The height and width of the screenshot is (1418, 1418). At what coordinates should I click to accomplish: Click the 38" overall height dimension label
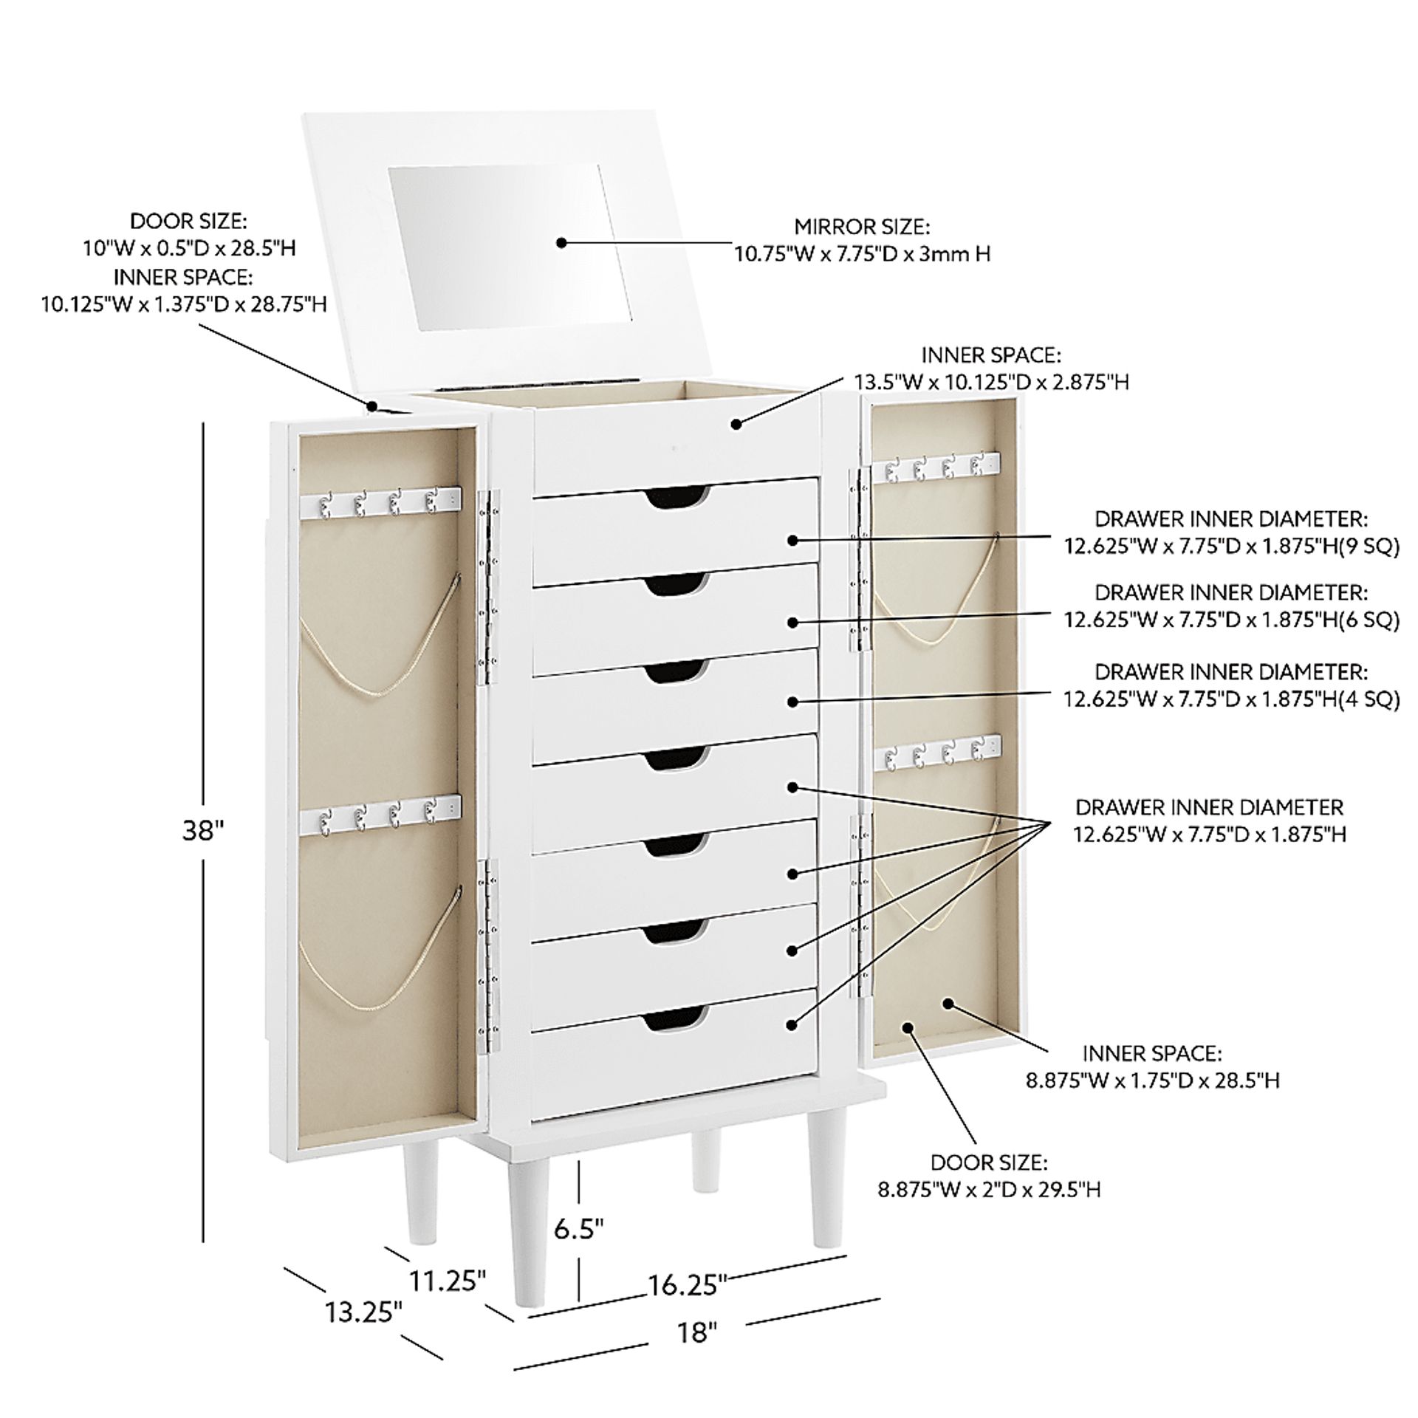(202, 831)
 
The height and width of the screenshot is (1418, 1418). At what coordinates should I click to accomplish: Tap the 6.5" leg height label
(580, 1229)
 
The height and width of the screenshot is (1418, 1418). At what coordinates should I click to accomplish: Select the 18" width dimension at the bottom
(697, 1334)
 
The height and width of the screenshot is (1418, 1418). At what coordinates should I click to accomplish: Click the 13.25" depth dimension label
(365, 1313)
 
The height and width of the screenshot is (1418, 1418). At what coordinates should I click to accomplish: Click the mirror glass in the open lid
(510, 247)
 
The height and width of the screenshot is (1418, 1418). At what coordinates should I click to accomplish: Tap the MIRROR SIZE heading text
(862, 226)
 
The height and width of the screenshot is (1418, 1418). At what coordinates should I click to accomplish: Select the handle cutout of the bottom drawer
(675, 1021)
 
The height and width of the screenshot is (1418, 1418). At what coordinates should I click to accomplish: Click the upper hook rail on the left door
(380, 501)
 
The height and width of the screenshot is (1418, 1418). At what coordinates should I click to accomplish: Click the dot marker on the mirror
(561, 242)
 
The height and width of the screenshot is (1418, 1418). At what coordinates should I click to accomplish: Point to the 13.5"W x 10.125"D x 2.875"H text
(991, 382)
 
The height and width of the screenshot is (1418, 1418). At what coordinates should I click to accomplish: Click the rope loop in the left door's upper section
(380, 645)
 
